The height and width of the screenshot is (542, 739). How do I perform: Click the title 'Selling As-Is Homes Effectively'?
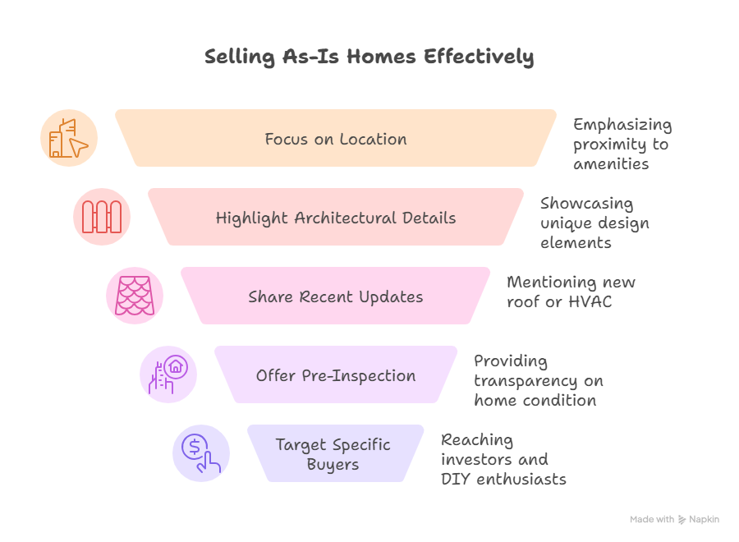pos(369,57)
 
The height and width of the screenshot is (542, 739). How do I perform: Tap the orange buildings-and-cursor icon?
pos(69,138)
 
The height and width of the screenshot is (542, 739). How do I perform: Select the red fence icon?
pos(102,217)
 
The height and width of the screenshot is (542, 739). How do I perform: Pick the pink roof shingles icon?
pos(135,296)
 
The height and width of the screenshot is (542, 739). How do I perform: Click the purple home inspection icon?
pos(168,374)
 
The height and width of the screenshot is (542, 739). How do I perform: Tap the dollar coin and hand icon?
pos(201,453)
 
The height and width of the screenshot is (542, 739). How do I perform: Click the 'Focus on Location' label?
pos(336,139)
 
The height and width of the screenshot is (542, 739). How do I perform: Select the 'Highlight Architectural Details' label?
pos(336,218)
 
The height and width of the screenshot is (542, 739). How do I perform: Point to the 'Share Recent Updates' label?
pos(336,297)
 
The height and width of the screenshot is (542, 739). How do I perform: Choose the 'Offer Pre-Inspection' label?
pos(336,375)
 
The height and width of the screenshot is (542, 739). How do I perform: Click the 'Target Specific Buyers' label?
pos(333,454)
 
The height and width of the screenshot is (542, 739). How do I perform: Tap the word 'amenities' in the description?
pos(611,164)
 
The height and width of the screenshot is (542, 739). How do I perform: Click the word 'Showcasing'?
pos(587,204)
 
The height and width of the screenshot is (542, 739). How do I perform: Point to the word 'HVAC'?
pos(590,301)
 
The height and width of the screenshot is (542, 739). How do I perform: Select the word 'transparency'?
pos(526,381)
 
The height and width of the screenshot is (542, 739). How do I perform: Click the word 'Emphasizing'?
pos(622,125)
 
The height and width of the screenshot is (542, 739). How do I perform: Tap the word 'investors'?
pos(476,460)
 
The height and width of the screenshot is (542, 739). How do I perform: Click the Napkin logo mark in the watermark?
pos(682,519)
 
